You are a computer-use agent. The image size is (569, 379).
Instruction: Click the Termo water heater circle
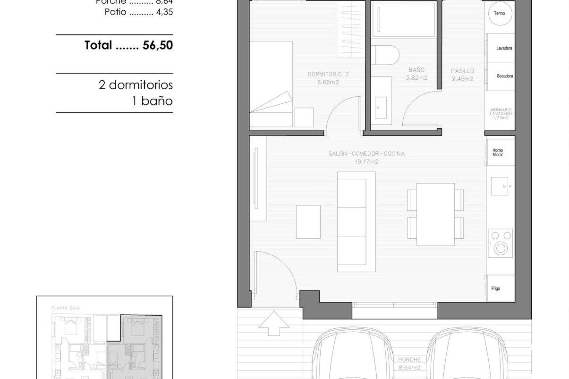[x=500, y=13]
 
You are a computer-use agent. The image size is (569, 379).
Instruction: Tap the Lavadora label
[x=504, y=48]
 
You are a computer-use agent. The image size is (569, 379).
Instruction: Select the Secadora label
[x=505, y=76]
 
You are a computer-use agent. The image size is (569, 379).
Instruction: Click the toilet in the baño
[x=385, y=55]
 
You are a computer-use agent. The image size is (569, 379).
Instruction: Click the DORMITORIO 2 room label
[x=328, y=74]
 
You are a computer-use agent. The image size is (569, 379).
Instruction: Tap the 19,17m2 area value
[x=366, y=162]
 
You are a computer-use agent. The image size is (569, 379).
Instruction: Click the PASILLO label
[x=462, y=71]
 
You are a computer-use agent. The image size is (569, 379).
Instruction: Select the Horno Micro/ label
[x=498, y=152]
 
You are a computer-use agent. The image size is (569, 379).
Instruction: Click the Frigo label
[x=496, y=288]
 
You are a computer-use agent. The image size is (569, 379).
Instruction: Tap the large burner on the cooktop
[x=501, y=248]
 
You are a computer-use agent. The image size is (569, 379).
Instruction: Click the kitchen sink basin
[x=499, y=186]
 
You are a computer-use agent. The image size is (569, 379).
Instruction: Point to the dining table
[x=435, y=214]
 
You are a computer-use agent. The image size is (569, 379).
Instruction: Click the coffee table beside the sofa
[x=308, y=222]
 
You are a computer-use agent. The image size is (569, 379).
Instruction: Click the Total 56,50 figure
[x=158, y=45]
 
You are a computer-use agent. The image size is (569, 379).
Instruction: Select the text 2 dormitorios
[x=135, y=85]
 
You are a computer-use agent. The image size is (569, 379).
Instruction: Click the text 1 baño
[x=152, y=101]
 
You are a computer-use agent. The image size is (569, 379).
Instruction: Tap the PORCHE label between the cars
[x=409, y=360]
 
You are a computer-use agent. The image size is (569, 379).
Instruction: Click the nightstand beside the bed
[x=303, y=118]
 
